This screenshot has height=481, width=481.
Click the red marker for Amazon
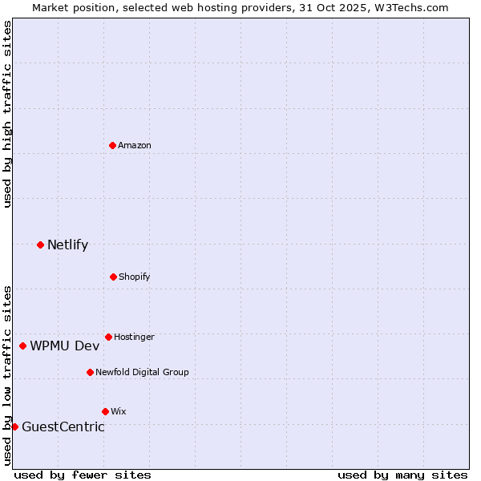point(113,145)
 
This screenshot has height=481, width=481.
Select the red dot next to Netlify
point(40,245)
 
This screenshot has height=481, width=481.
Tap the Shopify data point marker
point(113,277)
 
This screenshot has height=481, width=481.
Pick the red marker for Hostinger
point(108,337)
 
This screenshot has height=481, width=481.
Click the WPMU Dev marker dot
point(23,346)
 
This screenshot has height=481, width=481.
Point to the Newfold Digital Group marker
point(90,372)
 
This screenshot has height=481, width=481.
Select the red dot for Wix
point(105,411)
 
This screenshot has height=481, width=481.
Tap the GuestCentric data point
point(14,426)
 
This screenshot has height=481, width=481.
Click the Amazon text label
point(135,146)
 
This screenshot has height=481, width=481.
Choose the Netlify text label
point(67,245)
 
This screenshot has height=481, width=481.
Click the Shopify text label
point(135,277)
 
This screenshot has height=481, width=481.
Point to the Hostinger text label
point(134,338)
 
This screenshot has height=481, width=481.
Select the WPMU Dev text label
point(65,346)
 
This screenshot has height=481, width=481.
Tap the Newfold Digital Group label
point(142,373)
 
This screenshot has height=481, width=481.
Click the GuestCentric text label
point(63,427)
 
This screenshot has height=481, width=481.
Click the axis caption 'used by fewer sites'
point(83,475)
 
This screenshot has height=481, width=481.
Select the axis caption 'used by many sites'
point(402,475)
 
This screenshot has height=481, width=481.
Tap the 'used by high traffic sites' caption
point(7,114)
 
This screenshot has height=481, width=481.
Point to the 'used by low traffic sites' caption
point(7,374)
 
